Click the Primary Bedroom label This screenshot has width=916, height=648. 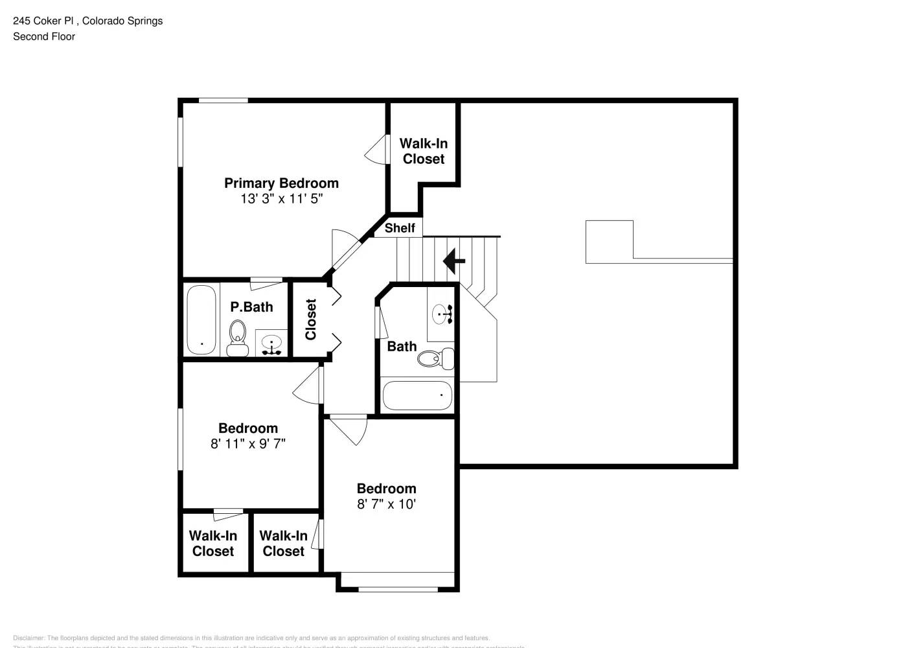[x=281, y=183]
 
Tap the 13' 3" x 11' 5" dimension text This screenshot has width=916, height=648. [x=281, y=199]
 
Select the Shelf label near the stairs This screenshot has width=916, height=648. [x=400, y=228]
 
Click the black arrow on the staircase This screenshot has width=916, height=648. [x=454, y=261]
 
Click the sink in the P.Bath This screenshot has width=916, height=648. [x=271, y=342]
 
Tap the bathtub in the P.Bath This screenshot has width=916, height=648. [x=201, y=319]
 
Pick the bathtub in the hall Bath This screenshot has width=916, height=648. [x=417, y=395]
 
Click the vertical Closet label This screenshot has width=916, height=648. [x=311, y=319]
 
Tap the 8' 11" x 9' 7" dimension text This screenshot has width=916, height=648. [x=248, y=444]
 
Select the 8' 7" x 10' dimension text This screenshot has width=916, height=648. [x=386, y=504]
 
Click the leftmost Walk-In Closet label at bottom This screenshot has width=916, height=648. [x=213, y=544]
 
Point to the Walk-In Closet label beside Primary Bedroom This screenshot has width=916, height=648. [x=424, y=151]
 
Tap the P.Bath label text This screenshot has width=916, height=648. [x=251, y=307]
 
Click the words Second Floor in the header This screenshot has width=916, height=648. [x=44, y=37]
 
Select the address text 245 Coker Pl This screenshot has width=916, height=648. [x=45, y=21]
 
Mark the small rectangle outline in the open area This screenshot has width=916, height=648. [x=609, y=242]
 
